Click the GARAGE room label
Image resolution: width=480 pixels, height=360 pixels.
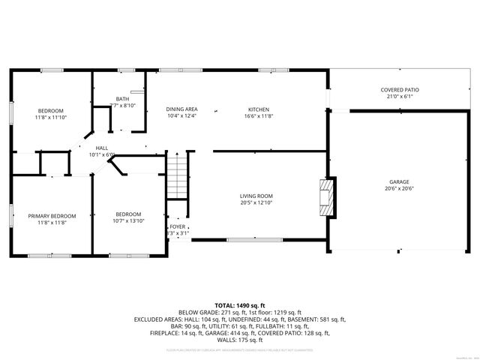point(399,181)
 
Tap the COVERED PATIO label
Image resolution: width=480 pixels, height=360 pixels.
point(399,89)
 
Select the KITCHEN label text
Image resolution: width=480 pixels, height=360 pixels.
point(258,109)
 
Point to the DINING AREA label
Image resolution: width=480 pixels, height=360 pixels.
point(181,109)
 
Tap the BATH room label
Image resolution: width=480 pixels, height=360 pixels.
point(122,99)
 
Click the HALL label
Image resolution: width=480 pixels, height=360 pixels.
point(101,148)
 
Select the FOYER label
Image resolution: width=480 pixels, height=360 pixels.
point(177,226)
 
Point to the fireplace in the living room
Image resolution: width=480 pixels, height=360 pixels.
point(325,196)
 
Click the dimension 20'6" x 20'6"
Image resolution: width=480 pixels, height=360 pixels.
point(399,188)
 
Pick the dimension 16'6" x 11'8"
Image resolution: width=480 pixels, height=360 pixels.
point(258,116)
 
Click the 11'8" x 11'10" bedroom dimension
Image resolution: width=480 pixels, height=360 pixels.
point(51,117)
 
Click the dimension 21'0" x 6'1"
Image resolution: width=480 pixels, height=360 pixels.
point(399,96)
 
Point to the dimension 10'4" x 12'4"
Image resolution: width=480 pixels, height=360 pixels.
point(181,116)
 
